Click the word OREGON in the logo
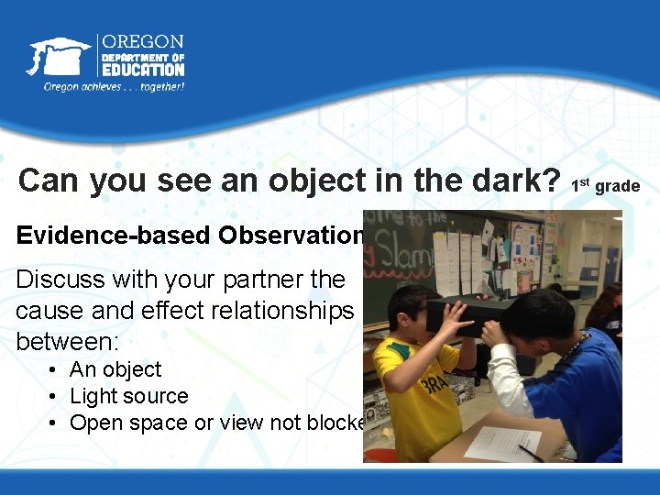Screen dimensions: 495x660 click(x=142, y=42)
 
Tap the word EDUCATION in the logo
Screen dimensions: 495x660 click(x=142, y=70)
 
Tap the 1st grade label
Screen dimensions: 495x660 click(x=605, y=186)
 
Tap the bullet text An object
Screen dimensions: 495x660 click(x=115, y=369)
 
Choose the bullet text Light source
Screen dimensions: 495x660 click(x=128, y=396)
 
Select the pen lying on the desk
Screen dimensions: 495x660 click(x=531, y=452)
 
